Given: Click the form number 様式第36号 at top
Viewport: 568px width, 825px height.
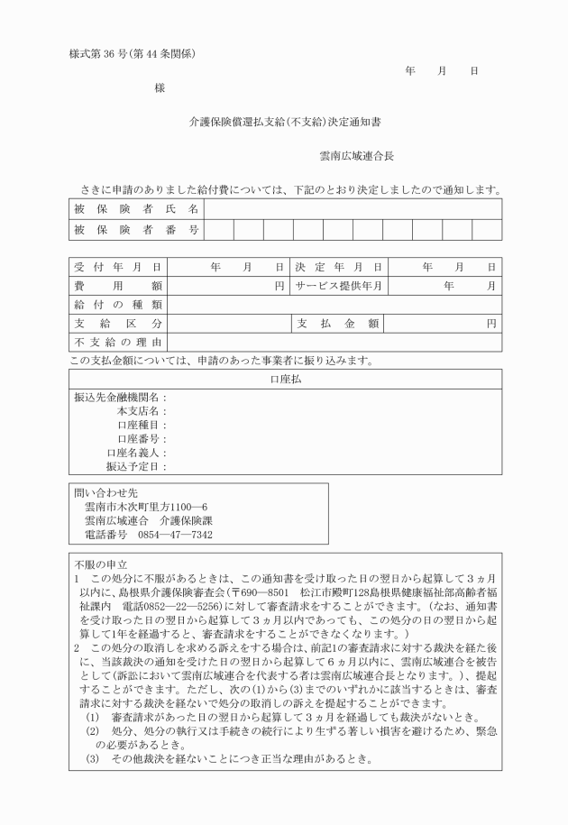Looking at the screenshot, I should [133, 52].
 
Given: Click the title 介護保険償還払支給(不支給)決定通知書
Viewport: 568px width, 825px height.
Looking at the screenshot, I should [284, 121].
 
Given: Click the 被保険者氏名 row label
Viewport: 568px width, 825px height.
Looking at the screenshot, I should [135, 208].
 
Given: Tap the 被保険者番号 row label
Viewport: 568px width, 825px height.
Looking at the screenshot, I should [135, 230].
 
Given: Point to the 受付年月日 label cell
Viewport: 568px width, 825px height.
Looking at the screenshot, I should [117, 268].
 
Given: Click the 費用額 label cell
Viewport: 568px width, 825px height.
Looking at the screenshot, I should [117, 286].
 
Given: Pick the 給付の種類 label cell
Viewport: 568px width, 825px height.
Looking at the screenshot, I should [117, 305].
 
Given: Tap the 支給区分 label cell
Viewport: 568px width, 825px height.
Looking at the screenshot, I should [117, 323].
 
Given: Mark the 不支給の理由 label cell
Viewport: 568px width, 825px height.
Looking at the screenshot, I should [117, 342].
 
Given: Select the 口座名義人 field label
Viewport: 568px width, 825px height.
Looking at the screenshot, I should [136, 453].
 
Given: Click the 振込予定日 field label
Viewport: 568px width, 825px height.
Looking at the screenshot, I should [136, 467].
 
